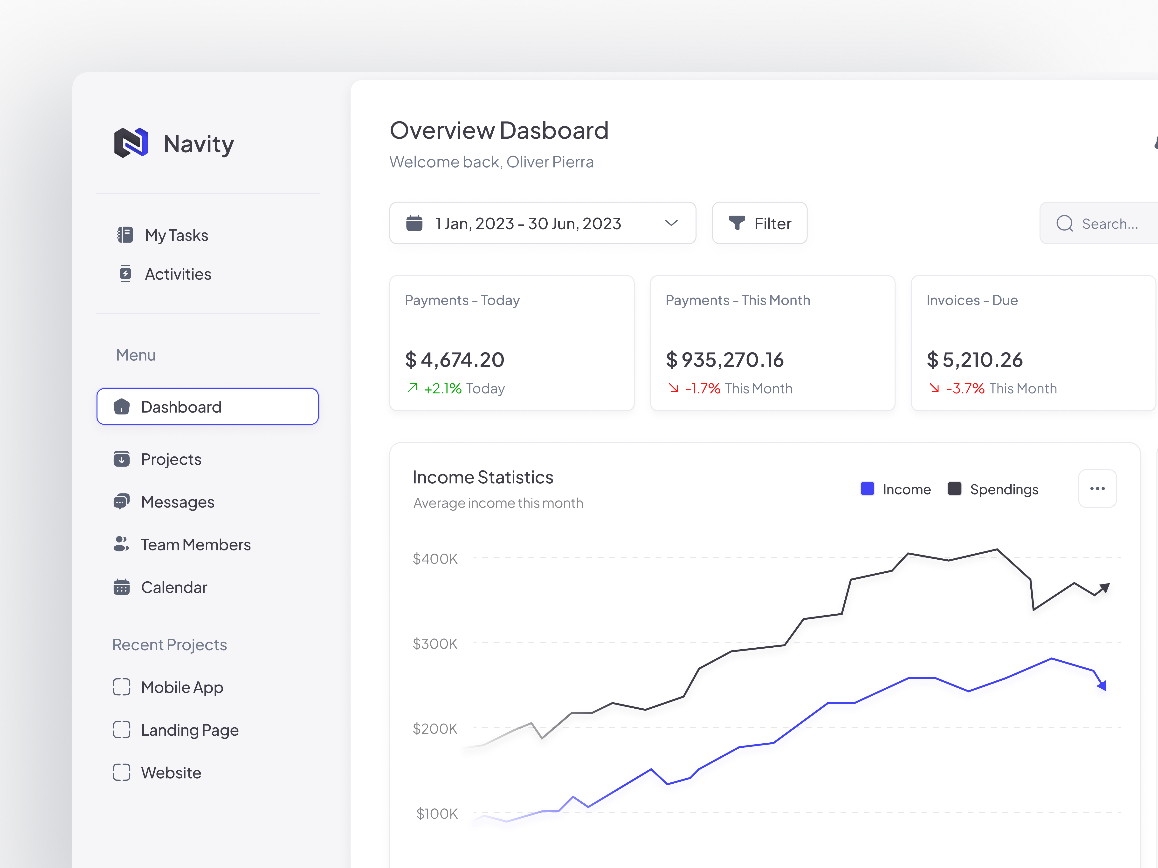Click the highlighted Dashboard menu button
click(x=207, y=407)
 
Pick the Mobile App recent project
click(x=182, y=687)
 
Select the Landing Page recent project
click(x=190, y=730)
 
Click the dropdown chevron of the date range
click(x=671, y=224)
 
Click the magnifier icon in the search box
click(x=1064, y=224)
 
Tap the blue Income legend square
click(x=868, y=489)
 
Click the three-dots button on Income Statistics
click(x=1097, y=489)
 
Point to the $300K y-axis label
click(x=435, y=644)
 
